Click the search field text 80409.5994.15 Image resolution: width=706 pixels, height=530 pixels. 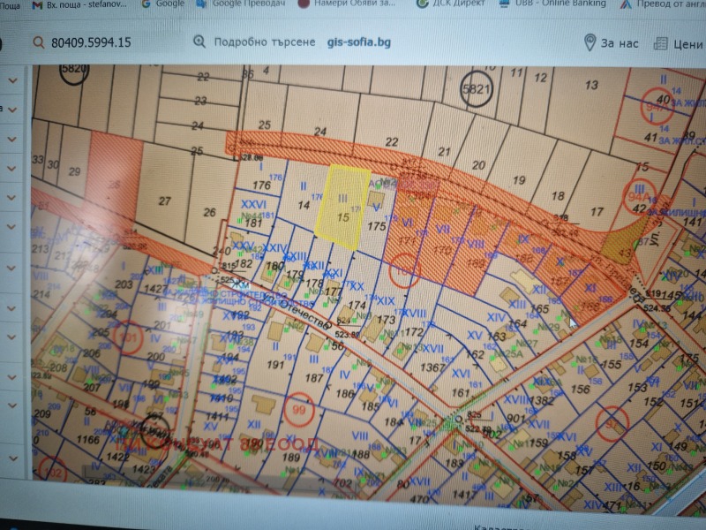(92, 42)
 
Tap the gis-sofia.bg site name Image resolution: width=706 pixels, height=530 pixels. (358, 42)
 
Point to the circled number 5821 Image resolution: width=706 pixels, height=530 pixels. (476, 89)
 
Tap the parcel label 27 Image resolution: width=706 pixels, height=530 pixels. (164, 201)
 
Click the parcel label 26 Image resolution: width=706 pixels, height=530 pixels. (209, 212)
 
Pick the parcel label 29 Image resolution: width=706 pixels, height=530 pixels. (75, 170)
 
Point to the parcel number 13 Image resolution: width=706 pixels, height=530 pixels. (592, 85)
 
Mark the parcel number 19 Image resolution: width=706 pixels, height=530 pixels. (519, 180)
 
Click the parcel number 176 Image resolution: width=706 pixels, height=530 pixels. (260, 185)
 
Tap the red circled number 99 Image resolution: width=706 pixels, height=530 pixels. (302, 410)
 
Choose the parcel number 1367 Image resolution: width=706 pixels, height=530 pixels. (432, 367)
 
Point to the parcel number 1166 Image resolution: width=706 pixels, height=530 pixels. (88, 439)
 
